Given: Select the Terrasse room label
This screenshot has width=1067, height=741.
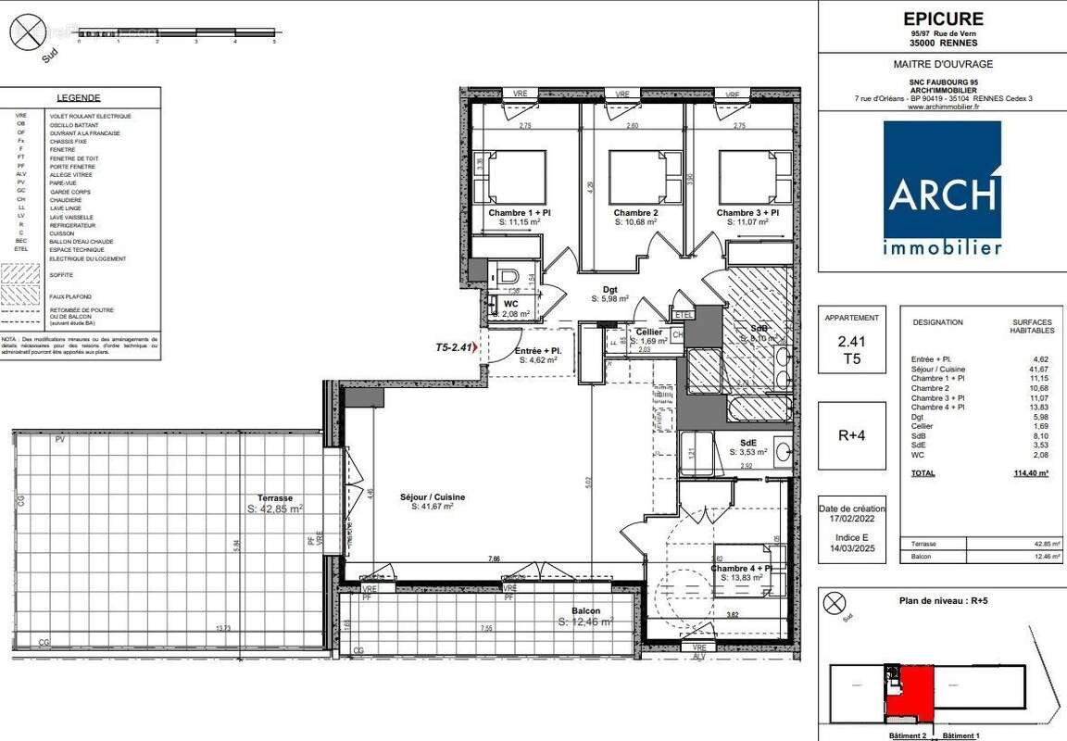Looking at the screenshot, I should (x=275, y=497).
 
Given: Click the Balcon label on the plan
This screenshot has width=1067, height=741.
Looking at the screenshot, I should (x=585, y=610).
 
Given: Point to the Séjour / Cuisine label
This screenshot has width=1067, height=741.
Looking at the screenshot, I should (x=433, y=497).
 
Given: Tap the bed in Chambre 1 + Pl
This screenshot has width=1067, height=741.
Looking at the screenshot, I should (x=510, y=177).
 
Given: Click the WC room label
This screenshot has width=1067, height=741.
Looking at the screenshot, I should (x=510, y=304).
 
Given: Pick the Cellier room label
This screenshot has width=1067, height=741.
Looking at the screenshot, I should (x=648, y=332).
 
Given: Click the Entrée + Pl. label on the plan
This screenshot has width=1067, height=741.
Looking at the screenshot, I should (x=537, y=350).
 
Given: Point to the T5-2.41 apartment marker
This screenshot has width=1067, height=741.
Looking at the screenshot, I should (x=455, y=347).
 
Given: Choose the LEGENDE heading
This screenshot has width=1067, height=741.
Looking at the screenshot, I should (x=79, y=98).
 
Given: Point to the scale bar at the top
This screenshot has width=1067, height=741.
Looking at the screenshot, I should (x=176, y=34).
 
